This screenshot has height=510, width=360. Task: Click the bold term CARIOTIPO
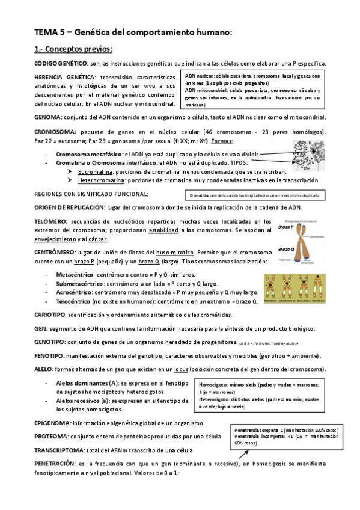(50, 315)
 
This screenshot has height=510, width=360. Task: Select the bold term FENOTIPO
(49, 355)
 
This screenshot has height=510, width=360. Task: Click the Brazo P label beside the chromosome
(286, 226)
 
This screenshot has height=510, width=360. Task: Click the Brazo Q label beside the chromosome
(286, 249)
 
